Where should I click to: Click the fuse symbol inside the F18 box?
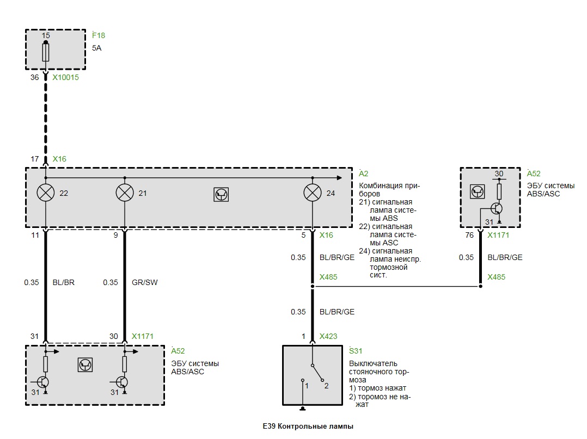(45, 52)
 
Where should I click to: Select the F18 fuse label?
(99, 35)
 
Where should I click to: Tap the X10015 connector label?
(65, 77)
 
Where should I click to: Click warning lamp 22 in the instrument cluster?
(46, 193)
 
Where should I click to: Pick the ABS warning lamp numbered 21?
(125, 193)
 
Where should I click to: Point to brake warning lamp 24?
(312, 193)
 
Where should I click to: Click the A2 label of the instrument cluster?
(364, 174)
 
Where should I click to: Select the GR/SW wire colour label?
(144, 282)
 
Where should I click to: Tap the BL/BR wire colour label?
(64, 282)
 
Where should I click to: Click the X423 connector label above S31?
(328, 336)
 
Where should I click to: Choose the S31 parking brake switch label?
(356, 351)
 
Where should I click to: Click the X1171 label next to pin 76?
(498, 235)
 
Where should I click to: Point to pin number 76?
(469, 235)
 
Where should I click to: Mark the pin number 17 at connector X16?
(35, 159)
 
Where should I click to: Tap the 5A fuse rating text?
(96, 48)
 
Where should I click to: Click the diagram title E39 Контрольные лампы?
(308, 426)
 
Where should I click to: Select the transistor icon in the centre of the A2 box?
(221, 194)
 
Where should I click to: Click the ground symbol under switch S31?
(303, 409)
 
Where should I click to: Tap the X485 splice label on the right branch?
(497, 277)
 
